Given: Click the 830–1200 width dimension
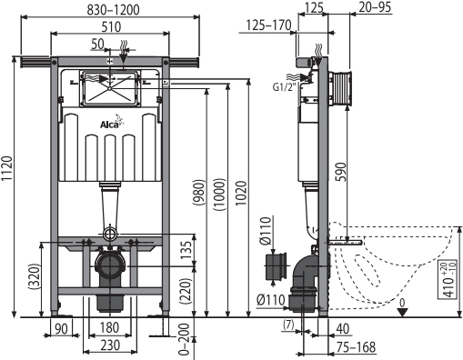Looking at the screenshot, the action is pos(114,10).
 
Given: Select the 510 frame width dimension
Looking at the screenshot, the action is pos(111,27).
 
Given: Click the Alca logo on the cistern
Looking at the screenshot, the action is pos(112,122).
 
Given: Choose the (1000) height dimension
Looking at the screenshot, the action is pos(219,195).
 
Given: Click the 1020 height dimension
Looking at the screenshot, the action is pos(241,194).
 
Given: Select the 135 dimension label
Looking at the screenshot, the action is pos(186,250).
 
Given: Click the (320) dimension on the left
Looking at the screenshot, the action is pos(34,276).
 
